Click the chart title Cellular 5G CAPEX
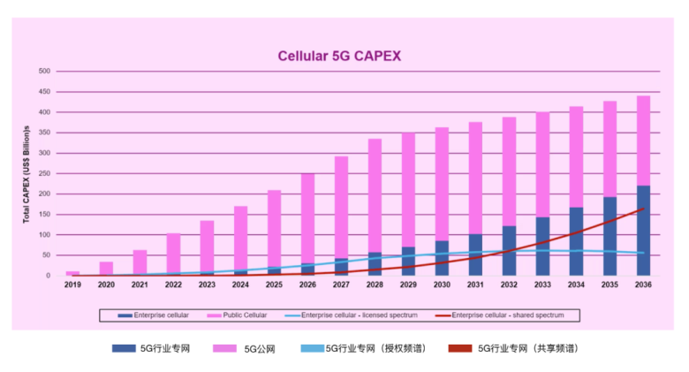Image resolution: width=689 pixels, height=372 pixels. click(340, 56)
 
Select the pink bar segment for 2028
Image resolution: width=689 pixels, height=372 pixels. click(375, 195)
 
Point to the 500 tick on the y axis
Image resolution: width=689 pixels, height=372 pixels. click(45, 71)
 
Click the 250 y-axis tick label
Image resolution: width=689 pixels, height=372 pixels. click(45, 173)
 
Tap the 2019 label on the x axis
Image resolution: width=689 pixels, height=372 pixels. click(72, 285)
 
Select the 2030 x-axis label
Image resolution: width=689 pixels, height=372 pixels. click(442, 285)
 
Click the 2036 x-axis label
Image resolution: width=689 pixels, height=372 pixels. click(644, 285)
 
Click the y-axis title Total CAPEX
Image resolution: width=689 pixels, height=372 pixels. click(27, 173)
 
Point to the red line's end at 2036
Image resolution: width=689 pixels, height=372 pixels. click(644, 208)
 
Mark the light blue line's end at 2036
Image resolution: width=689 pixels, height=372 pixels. click(644, 253)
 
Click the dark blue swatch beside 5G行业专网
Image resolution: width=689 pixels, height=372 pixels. click(125, 348)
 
